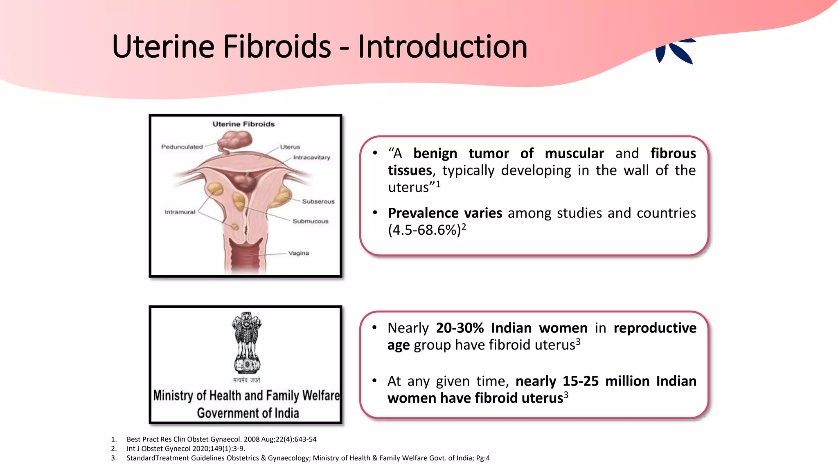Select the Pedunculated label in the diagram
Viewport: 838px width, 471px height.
(182, 147)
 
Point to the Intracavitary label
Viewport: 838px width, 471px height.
(311, 157)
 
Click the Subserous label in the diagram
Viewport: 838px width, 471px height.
(318, 202)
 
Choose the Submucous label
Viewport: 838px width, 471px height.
(310, 221)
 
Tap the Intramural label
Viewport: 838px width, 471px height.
(180, 212)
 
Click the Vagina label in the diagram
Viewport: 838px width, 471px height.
(298, 253)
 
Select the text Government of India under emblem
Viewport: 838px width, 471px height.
(248, 413)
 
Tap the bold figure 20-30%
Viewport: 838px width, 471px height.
(460, 328)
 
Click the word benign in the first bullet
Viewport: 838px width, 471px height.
(435, 153)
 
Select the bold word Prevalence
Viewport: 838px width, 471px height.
(445, 213)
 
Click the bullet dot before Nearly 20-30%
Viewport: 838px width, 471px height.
(374, 328)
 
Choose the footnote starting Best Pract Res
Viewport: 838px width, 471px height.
(221, 439)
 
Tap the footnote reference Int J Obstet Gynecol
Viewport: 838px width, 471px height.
(186, 449)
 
